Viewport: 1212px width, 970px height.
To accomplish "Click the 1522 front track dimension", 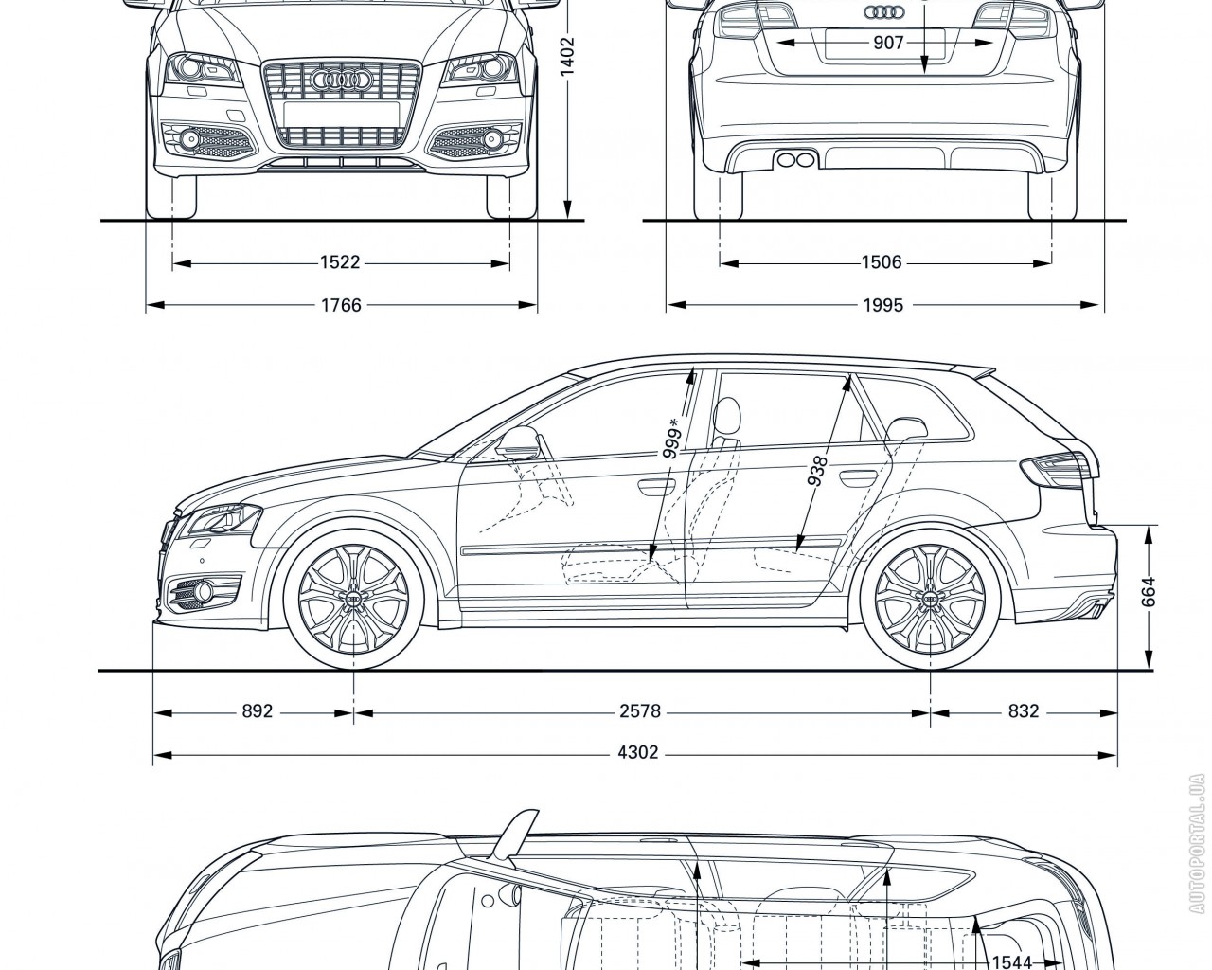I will tap(340, 263).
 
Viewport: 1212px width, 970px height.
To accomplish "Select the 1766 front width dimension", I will tap(340, 305).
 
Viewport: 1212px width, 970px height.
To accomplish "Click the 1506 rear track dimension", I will tap(882, 263).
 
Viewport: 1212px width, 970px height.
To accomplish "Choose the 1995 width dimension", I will tap(882, 305).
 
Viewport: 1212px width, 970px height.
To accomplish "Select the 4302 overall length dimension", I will tap(637, 754).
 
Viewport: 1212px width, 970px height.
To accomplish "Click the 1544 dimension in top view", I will tap(1010, 962).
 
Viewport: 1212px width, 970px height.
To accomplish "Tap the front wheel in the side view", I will tap(354, 599).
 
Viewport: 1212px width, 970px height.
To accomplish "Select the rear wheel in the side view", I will tap(931, 599).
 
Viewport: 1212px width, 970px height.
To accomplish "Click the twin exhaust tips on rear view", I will tap(793, 158).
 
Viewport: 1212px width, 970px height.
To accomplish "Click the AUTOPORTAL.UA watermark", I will tap(1199, 842).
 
